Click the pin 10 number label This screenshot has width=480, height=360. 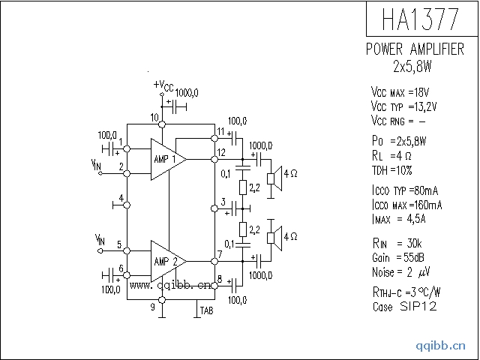(154, 118)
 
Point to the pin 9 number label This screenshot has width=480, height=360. (152, 306)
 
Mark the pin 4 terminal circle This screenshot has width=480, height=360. (127, 204)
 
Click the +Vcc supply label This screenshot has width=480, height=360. (163, 86)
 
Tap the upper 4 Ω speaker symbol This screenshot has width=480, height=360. (275, 173)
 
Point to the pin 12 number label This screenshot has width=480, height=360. (221, 152)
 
